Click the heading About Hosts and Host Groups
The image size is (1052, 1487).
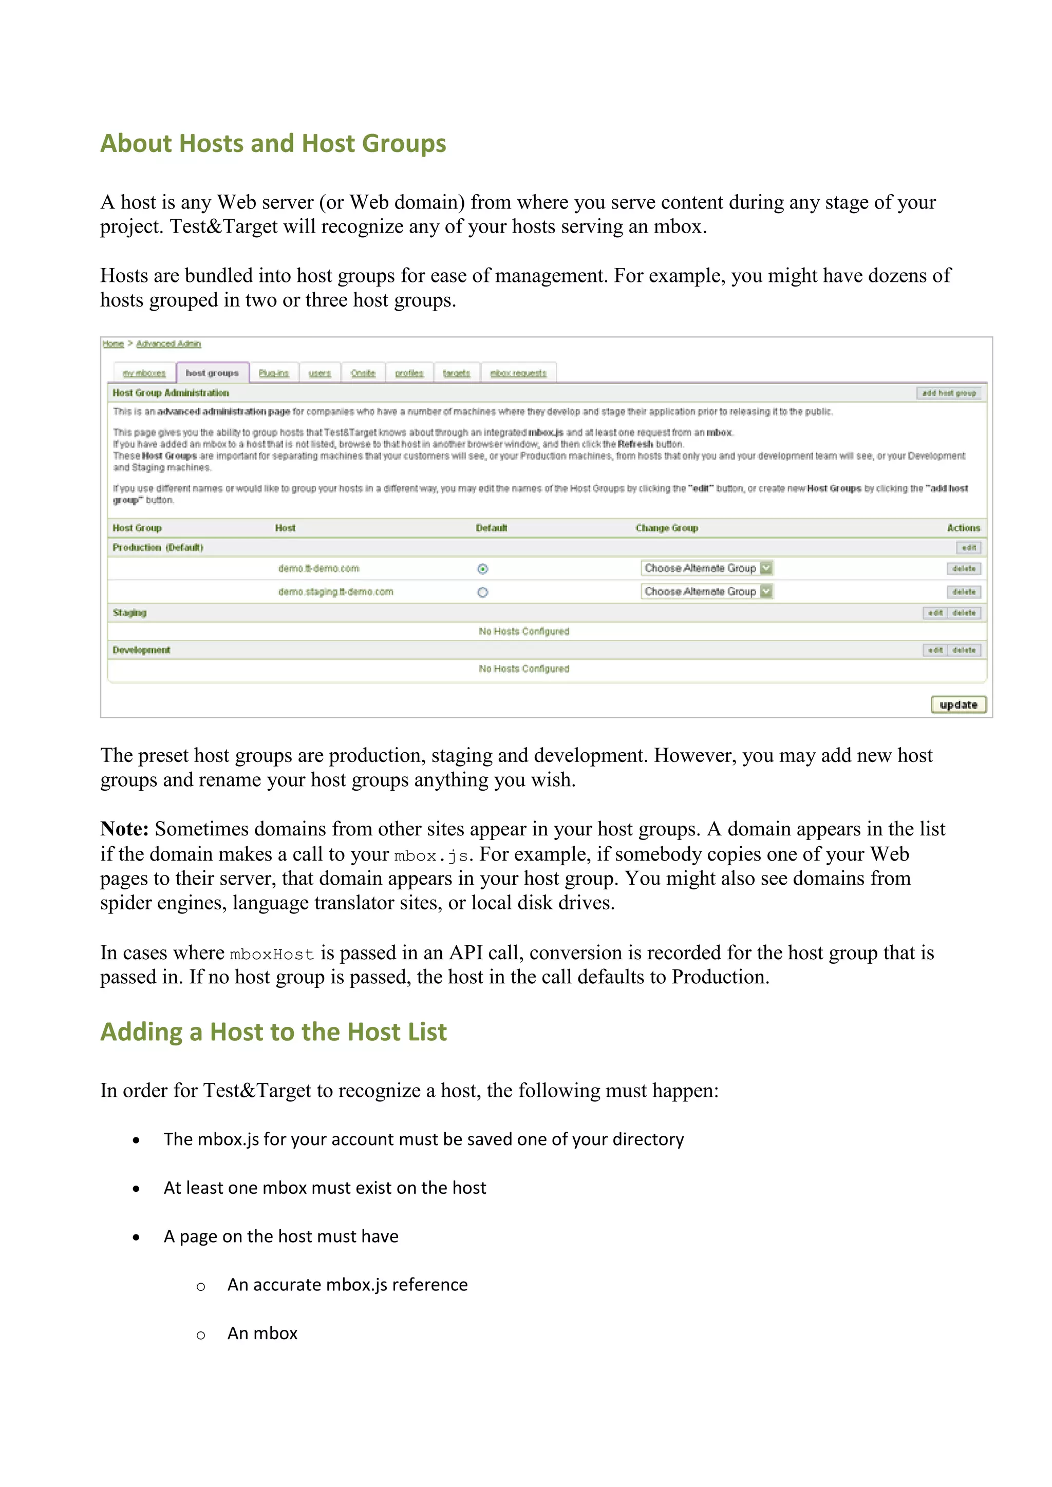click(273, 143)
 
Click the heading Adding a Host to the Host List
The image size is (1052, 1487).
click(273, 1032)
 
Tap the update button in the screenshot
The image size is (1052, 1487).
click(958, 704)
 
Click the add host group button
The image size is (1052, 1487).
click(949, 393)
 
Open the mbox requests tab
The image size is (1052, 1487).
click(518, 373)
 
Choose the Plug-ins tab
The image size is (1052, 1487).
click(273, 373)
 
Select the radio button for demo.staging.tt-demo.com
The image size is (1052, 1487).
click(483, 593)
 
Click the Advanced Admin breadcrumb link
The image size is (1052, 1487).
click(168, 344)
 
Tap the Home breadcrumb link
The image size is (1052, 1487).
click(112, 344)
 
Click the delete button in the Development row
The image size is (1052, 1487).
click(964, 650)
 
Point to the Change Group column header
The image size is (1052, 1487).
click(667, 528)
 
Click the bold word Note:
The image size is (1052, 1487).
click(124, 829)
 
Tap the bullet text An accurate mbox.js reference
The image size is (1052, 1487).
click(347, 1285)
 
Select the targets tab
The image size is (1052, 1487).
click(456, 373)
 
